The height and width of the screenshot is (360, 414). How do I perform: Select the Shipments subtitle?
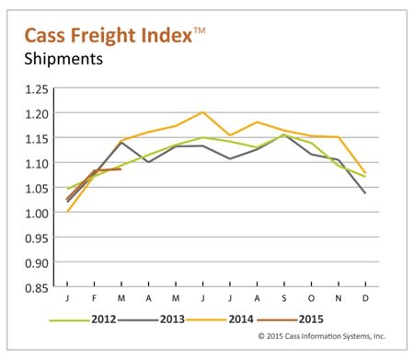click(63, 58)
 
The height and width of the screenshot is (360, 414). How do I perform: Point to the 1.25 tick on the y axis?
click(37, 89)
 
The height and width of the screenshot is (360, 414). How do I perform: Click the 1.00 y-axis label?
click(37, 214)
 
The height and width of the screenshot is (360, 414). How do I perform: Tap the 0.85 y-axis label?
click(37, 288)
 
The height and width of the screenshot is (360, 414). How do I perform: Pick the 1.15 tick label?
click(37, 139)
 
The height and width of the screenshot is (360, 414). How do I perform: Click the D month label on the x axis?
click(365, 298)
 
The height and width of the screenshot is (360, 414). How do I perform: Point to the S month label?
click(284, 298)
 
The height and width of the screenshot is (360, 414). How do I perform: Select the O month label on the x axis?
click(311, 298)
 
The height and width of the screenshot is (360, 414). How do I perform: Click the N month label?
click(339, 298)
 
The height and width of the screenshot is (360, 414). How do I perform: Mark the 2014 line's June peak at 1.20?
click(202, 112)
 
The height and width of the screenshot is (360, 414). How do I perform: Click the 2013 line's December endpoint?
click(365, 193)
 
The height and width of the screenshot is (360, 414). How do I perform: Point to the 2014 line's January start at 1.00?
click(67, 212)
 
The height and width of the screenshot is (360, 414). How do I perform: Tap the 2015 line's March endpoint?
click(121, 168)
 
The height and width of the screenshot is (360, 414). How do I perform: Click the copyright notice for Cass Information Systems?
click(322, 336)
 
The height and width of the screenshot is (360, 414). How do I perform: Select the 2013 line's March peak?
click(121, 143)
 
